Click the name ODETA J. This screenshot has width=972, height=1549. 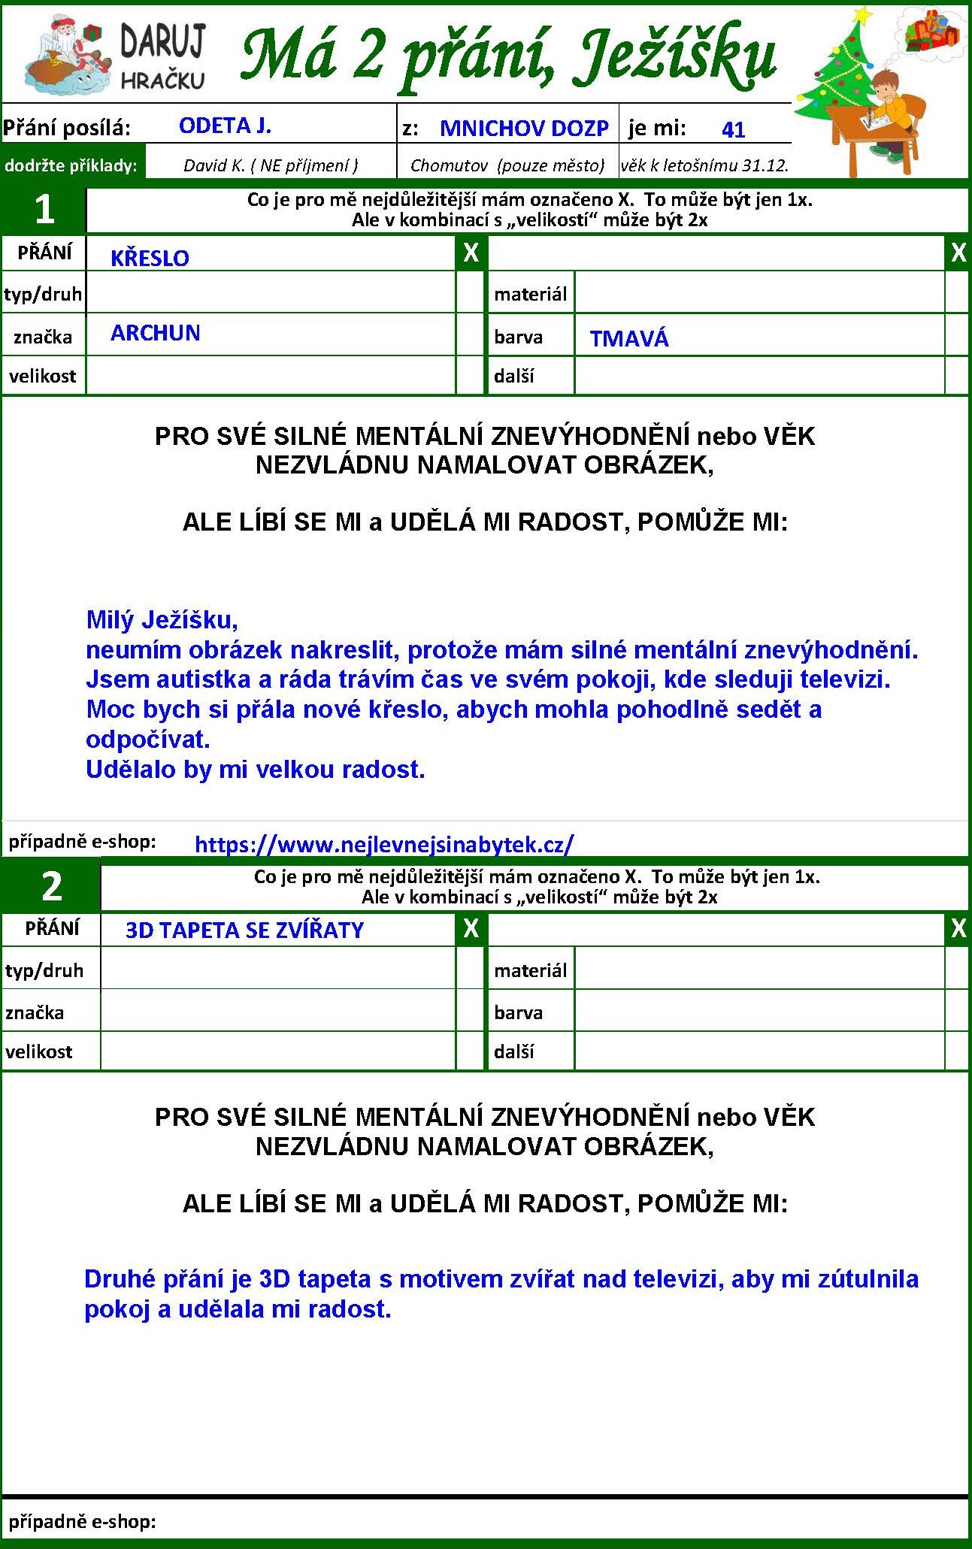(225, 126)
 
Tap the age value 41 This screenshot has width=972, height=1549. (733, 130)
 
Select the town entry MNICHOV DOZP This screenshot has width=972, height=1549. (524, 129)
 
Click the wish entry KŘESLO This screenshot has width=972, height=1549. (150, 258)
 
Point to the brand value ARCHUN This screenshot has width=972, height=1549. (155, 333)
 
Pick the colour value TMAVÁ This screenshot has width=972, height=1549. (628, 339)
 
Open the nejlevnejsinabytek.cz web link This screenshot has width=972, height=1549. (383, 844)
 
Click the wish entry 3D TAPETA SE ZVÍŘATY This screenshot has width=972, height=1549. (244, 930)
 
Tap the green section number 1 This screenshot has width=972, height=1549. (44, 209)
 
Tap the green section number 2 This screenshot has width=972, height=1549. (51, 887)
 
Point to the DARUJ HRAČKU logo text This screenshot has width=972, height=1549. (162, 56)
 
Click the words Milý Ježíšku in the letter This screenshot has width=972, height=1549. (162, 620)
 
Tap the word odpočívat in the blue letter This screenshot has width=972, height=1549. (147, 740)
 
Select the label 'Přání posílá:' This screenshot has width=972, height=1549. (66, 129)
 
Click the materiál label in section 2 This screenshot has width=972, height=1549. (530, 970)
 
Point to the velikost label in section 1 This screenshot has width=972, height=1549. (43, 376)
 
